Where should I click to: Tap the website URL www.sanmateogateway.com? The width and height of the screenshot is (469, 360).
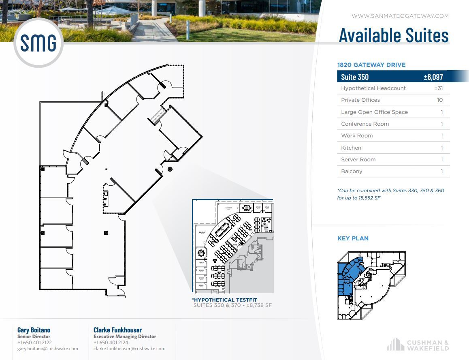tap(400, 16)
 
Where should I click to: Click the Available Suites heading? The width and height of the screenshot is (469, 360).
tap(394, 35)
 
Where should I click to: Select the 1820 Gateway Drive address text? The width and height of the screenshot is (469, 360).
tap(371, 65)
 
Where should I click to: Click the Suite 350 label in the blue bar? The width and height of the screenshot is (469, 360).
tap(355, 77)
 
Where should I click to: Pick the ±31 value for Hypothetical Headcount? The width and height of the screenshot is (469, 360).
tap(439, 88)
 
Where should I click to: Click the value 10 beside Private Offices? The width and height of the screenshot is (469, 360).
tap(440, 100)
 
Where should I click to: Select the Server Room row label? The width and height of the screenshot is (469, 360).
tap(358, 160)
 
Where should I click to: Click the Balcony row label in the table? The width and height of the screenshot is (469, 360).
tap(352, 171)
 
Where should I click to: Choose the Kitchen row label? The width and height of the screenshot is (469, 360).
tap(351, 148)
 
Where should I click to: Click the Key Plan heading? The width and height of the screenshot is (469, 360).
tap(353, 238)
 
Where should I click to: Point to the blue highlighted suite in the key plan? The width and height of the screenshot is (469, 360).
tap(347, 276)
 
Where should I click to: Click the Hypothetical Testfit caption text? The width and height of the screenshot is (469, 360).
tap(225, 300)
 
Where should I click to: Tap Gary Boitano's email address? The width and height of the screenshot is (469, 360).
tap(47, 349)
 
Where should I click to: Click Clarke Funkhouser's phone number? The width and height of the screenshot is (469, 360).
tap(111, 343)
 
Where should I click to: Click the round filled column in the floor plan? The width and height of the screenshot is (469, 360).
tap(170, 169)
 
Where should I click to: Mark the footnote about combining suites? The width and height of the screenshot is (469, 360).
tap(390, 194)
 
